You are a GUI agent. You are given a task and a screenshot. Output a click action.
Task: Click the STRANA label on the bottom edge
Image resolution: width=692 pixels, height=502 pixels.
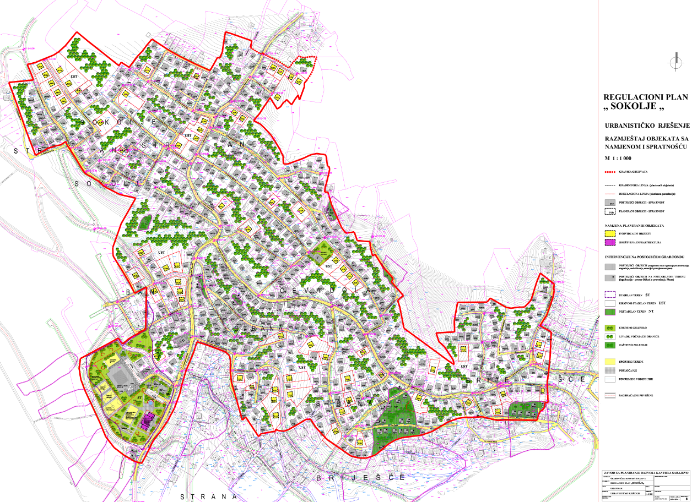coord(211,496)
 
